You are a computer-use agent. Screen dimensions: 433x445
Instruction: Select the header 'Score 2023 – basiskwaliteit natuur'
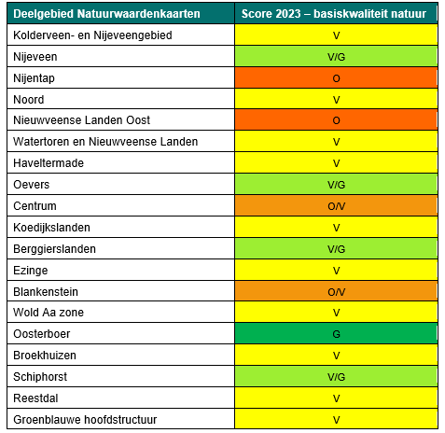[335, 14]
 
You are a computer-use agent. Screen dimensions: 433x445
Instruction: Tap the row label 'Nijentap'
[35, 77]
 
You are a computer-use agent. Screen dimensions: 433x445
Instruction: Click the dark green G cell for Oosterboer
[335, 333]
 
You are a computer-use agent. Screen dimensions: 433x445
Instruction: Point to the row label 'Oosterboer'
[43, 333]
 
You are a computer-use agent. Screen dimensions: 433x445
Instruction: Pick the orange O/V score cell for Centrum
[335, 205]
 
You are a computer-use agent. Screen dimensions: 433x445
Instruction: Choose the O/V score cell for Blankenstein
[335, 291]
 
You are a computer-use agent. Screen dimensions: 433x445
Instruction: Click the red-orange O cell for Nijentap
[335, 77]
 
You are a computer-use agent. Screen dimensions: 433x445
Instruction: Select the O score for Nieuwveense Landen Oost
[335, 120]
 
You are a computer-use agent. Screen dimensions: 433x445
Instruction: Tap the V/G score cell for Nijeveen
[335, 56]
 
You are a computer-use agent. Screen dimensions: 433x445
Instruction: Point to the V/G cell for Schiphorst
[335, 376]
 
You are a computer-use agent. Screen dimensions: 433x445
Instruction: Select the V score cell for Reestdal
[335, 398]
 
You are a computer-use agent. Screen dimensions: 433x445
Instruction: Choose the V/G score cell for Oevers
[335, 184]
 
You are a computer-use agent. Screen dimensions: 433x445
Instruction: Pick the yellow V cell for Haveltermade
[335, 162]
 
